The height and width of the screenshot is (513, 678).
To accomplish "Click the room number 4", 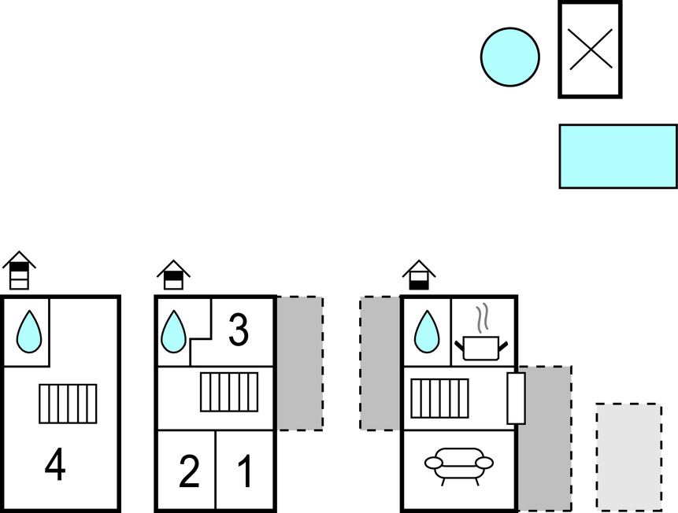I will (x=54, y=466).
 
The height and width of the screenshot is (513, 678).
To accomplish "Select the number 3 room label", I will (x=238, y=331).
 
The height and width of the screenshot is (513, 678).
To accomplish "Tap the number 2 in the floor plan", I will (x=189, y=471).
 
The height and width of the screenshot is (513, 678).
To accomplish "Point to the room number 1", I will (x=245, y=471).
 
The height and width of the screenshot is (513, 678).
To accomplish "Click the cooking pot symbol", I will (x=480, y=346).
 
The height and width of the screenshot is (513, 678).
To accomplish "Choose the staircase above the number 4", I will (x=68, y=404).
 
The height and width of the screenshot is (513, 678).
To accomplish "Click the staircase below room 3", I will (x=229, y=391).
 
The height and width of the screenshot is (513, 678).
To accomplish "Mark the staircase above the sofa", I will (x=440, y=398).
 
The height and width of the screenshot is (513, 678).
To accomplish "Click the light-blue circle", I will (x=510, y=57).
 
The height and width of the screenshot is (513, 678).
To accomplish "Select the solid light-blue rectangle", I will (x=618, y=156).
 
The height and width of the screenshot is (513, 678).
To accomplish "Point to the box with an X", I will (x=590, y=50).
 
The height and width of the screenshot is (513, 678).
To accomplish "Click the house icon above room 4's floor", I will (x=19, y=271).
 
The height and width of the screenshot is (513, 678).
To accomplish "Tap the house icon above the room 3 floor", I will (x=174, y=275).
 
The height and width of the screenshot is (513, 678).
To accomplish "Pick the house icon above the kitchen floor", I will (x=419, y=275).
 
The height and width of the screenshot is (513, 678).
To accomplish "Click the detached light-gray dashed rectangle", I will (x=628, y=456).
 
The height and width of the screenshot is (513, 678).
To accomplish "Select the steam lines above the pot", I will (x=483, y=316).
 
